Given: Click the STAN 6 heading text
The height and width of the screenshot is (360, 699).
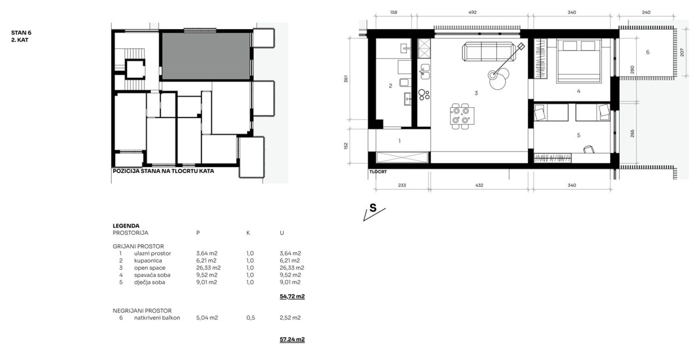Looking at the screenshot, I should tap(20, 33).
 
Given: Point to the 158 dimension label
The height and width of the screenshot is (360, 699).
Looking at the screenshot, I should tap(393, 12).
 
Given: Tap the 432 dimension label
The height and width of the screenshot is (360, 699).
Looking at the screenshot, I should tap(479, 185).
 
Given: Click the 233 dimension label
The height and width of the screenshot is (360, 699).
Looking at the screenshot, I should tap(402, 185).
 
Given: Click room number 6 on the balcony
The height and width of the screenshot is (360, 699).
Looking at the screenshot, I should tap(647, 52).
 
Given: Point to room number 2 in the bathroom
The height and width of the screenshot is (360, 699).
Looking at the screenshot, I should tap(390, 86).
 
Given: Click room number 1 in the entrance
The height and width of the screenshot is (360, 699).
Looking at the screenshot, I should tap(399, 140).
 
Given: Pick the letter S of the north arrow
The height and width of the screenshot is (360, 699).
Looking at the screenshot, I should tap(373, 208).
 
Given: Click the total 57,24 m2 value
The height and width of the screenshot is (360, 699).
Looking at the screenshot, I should tap(292, 339).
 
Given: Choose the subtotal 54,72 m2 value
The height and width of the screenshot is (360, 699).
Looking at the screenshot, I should tap(292, 297).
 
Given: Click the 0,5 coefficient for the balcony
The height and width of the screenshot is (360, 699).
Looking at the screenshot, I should tap(249, 317).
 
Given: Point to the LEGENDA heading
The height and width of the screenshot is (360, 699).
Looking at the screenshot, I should tap(126, 225).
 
